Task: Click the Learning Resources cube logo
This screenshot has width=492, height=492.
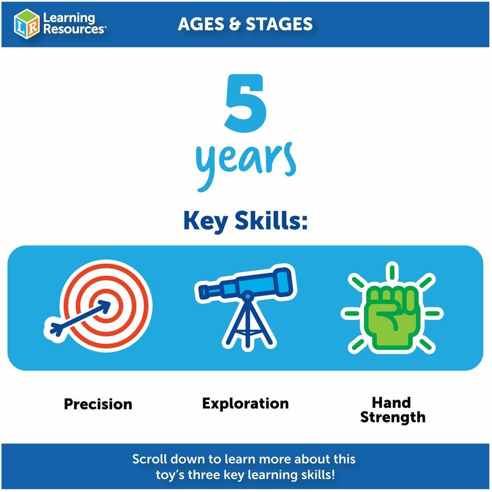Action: click(27, 24)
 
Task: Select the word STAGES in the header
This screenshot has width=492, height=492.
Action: click(279, 24)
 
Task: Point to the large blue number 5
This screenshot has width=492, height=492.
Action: click(245, 103)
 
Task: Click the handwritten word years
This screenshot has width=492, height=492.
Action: click(245, 165)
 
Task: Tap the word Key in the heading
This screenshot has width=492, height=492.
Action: click(206, 221)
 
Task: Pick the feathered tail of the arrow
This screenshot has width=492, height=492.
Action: click(56, 329)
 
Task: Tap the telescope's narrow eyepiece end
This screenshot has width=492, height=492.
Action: click(203, 292)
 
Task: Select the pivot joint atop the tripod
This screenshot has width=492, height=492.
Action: click(247, 295)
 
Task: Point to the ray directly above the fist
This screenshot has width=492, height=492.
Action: click(392, 272)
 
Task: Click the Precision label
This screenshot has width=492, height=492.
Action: click(98, 404)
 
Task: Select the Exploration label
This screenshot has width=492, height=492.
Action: click(245, 403)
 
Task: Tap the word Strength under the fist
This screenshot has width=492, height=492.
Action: click(393, 417)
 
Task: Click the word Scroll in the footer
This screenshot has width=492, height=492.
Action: click(149, 459)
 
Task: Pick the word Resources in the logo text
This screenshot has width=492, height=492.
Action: click(73, 29)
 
